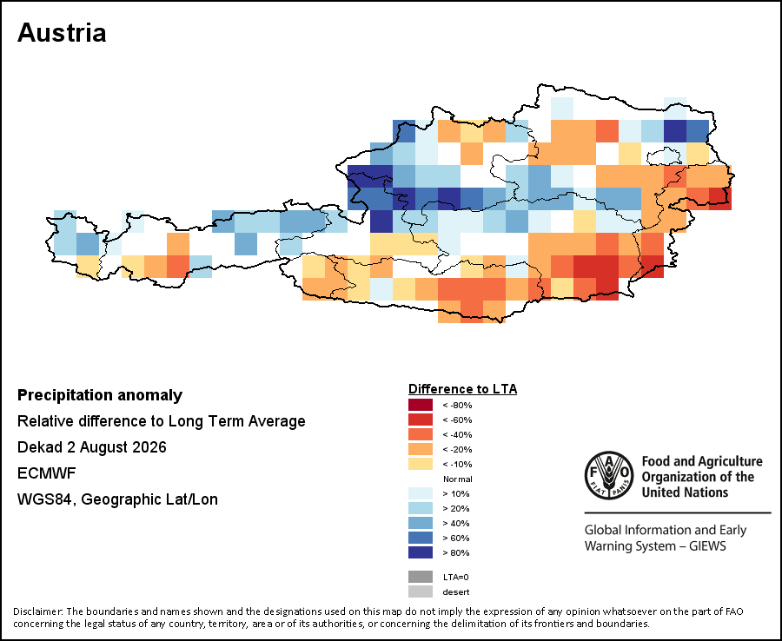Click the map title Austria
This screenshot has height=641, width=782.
[x=62, y=33]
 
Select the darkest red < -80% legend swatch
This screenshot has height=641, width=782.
[x=421, y=405]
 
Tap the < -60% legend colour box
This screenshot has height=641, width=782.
[x=421, y=420]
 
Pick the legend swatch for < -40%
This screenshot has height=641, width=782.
[x=421, y=434]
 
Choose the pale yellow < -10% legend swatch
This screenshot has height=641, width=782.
[x=421, y=464]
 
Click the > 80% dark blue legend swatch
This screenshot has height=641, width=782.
[x=421, y=552]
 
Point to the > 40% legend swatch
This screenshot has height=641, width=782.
[x=421, y=523]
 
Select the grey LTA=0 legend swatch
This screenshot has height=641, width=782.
[x=421, y=577]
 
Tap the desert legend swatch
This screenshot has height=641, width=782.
[x=421, y=591]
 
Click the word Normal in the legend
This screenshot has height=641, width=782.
[x=457, y=479]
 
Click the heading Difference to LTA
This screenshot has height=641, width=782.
[x=463, y=389]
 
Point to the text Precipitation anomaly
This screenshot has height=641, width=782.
[x=100, y=395]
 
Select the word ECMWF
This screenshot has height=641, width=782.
[x=46, y=473]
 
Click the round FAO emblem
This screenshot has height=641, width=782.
[x=609, y=475]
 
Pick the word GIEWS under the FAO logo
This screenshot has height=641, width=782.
[x=707, y=545]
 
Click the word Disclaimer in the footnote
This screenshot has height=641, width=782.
[x=38, y=611]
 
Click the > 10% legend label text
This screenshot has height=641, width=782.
[x=456, y=494]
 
